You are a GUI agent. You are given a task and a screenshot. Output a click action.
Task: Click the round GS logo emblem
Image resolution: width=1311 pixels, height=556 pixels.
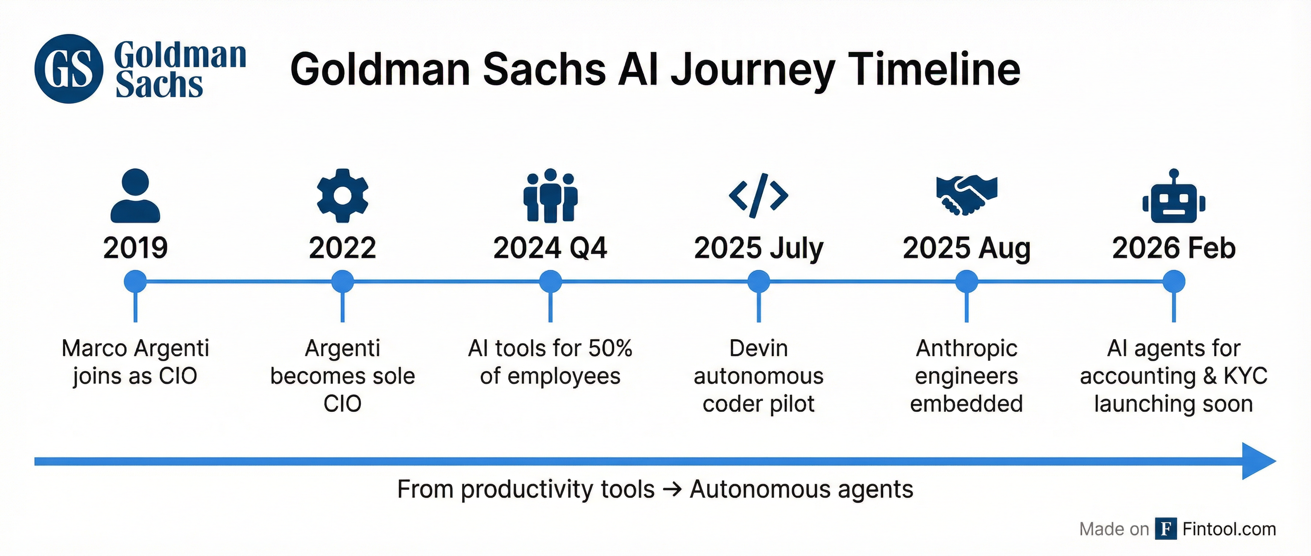click(69, 69)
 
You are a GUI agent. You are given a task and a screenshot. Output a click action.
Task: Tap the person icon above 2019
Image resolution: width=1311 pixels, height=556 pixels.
click(135, 195)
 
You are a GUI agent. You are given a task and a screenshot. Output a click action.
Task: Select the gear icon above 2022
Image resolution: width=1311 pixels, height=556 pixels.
click(343, 195)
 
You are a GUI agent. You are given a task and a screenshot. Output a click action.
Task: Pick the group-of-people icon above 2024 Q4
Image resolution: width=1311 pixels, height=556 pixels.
click(550, 195)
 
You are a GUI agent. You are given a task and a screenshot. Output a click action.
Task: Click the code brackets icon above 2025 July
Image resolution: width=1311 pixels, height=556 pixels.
click(758, 195)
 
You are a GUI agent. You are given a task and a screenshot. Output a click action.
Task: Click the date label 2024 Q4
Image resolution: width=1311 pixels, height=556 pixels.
click(550, 248)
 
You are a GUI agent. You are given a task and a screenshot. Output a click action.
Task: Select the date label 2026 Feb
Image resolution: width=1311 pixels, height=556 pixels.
click(1174, 248)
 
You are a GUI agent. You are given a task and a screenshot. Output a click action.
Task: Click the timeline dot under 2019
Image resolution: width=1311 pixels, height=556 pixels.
click(135, 281)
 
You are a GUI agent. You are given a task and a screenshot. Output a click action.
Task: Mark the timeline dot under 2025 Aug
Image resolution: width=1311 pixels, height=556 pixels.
click(966, 281)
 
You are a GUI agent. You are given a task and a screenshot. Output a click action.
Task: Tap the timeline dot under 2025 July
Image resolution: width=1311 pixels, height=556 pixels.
click(758, 281)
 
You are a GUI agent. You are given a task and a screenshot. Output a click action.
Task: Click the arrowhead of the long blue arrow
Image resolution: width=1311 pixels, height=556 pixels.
click(1257, 461)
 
